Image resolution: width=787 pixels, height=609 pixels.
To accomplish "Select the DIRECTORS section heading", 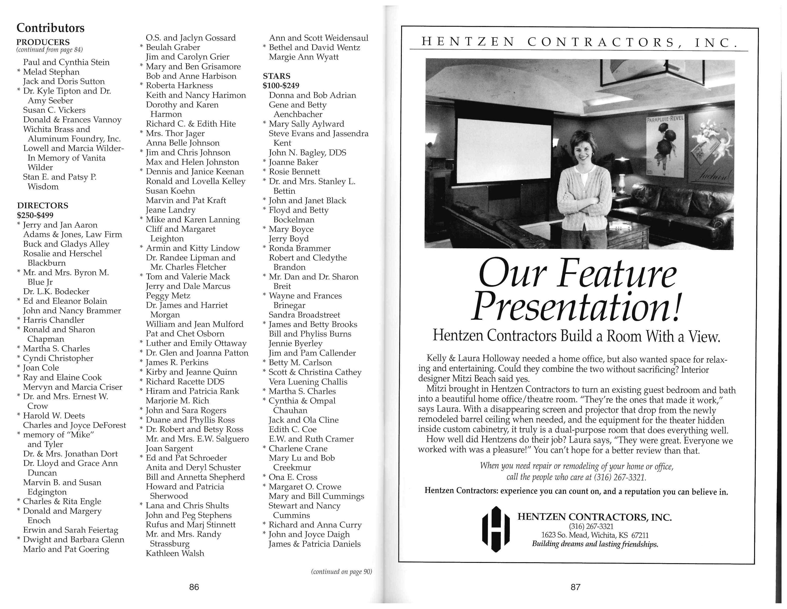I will [42, 206].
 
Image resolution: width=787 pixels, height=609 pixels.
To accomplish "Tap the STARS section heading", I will [276, 76].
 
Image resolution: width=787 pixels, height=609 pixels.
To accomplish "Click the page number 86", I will [194, 587].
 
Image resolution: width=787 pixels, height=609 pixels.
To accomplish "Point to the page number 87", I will [575, 587].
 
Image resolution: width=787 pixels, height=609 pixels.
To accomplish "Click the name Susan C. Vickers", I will [54, 110].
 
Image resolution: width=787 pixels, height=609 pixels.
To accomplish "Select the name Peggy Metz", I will [168, 296].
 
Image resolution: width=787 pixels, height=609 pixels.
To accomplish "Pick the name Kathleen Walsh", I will [175, 553].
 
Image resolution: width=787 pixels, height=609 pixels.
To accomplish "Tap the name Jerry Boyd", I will [289, 239].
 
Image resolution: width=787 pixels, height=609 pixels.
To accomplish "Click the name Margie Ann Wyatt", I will [303, 57].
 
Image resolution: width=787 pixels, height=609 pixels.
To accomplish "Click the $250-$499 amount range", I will [35, 215].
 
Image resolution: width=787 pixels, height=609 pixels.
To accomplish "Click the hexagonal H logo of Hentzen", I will [496, 529].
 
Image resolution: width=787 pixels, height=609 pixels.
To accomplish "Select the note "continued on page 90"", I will [341, 572].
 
